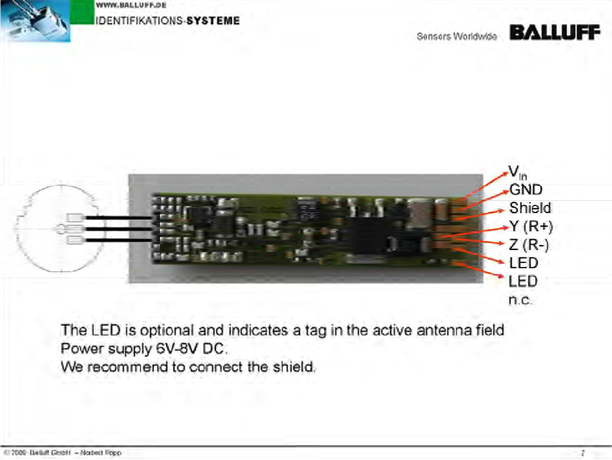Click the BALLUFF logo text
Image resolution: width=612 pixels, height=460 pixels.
555,33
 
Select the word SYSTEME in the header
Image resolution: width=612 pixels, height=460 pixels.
213,20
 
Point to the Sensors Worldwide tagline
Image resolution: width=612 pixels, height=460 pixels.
457,37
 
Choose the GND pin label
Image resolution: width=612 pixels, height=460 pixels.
526,190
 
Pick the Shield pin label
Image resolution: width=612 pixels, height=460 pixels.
530,208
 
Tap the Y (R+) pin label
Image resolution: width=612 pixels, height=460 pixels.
531,226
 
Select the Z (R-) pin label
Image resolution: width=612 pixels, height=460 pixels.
529,244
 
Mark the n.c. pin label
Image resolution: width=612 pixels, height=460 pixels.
520,301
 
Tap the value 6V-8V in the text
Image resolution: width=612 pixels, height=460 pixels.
178,348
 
